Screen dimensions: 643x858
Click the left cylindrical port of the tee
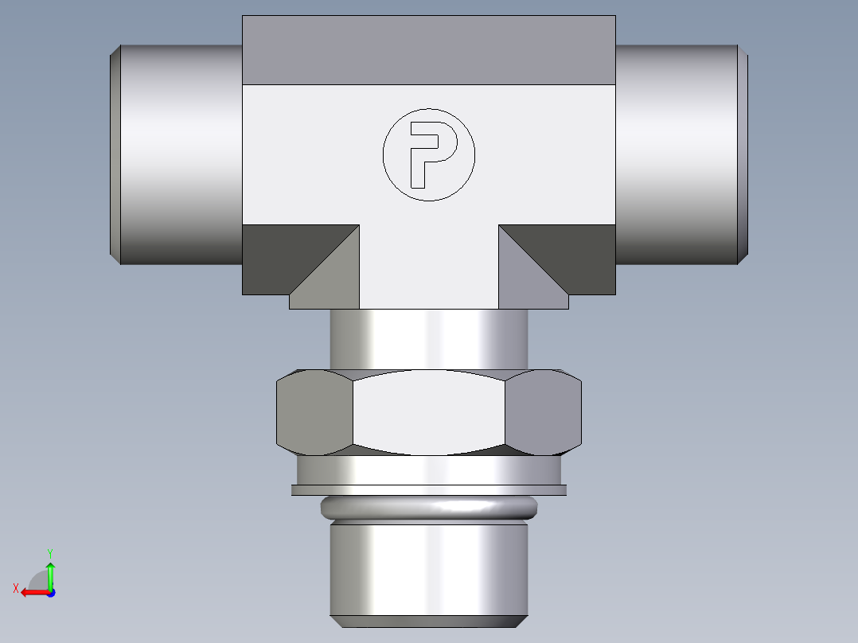click(x=180, y=154)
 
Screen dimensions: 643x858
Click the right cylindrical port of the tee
click(x=677, y=154)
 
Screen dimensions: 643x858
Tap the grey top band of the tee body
click(x=429, y=50)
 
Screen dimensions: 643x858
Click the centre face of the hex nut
click(x=429, y=413)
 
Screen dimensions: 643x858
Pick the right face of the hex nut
click(x=544, y=413)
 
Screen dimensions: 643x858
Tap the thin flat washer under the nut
click(x=429, y=489)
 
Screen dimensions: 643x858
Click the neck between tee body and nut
click(x=429, y=338)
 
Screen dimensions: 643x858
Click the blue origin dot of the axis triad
click(x=50, y=592)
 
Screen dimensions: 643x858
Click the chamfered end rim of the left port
click(x=115, y=154)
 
